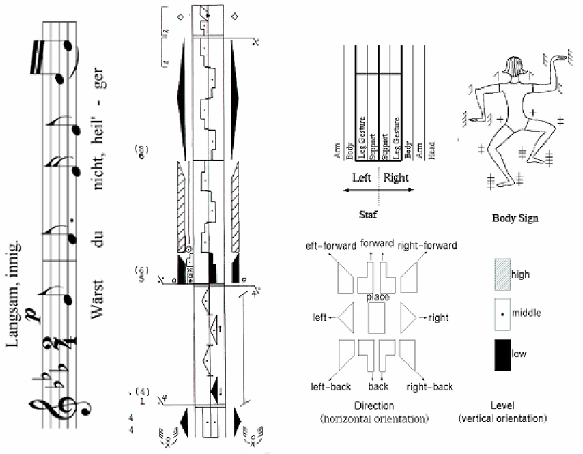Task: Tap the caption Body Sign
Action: coord(515,219)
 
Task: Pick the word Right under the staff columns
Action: coord(396,178)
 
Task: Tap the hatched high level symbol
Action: coord(502,274)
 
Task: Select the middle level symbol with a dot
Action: coord(503,314)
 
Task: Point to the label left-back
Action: coord(331,387)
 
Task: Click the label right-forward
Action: coord(427,245)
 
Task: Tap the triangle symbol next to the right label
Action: coord(409,318)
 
